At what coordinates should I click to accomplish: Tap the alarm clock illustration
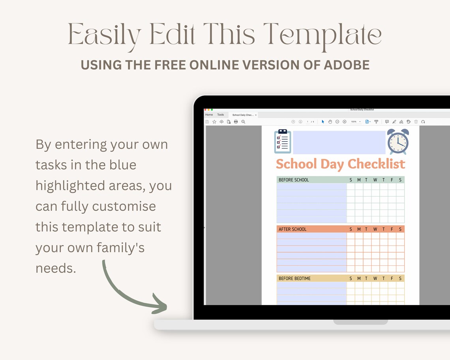point(398,141)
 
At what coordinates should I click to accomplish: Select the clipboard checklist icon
point(283,141)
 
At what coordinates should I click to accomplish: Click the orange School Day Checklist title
point(340,164)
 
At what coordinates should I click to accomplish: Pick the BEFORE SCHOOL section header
point(294,180)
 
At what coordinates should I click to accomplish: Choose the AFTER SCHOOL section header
point(292,229)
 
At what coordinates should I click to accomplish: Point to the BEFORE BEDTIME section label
point(294,279)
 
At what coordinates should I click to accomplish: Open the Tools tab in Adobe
point(220,115)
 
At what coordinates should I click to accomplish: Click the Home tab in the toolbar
point(209,115)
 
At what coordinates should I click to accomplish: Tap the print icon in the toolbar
point(236,122)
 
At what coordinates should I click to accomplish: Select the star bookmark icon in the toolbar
point(214,122)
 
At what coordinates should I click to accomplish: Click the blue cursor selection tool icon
point(323,122)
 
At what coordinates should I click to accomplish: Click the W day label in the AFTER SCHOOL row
point(375,229)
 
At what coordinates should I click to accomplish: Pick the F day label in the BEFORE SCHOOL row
point(392,180)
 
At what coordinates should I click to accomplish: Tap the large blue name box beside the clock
point(339,142)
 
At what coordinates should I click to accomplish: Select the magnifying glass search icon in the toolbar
point(244,122)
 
